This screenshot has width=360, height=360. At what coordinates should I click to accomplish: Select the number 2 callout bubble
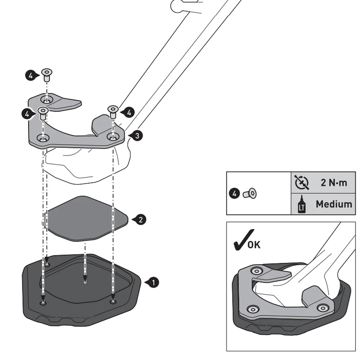click(x=141, y=219)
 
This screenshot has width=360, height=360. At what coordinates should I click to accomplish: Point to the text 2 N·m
click(x=334, y=183)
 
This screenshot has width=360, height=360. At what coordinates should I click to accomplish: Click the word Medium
click(x=334, y=204)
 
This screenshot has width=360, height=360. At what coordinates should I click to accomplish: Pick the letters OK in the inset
click(x=254, y=245)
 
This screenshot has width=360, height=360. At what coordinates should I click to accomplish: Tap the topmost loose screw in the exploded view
click(x=46, y=75)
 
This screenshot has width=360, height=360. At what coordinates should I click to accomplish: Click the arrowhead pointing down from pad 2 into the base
click(x=85, y=280)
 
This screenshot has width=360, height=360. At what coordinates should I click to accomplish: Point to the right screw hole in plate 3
click(x=113, y=137)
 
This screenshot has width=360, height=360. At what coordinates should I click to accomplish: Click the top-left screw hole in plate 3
click(x=46, y=99)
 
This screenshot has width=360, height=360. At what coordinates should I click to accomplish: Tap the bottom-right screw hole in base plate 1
click(x=113, y=301)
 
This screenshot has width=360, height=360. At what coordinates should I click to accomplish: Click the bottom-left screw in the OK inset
click(x=253, y=309)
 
